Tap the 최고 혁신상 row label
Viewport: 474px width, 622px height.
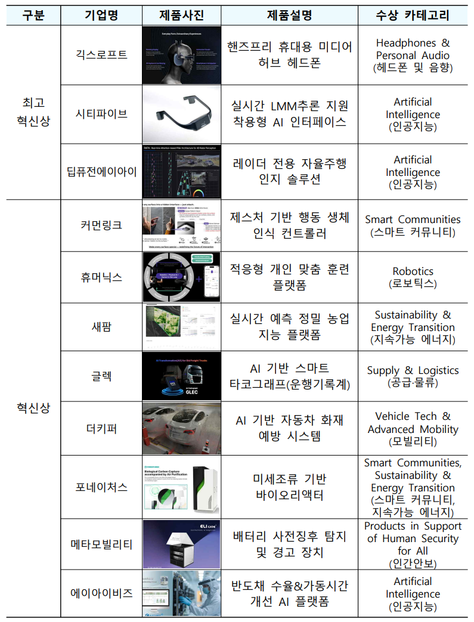[33, 112]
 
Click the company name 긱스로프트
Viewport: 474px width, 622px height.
[101, 55]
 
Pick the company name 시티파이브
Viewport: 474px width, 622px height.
[101, 113]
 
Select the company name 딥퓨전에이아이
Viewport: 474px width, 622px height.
[101, 172]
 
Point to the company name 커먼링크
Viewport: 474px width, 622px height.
[101, 225]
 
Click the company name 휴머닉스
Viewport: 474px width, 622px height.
[101, 277]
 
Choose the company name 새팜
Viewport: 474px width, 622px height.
[101, 327]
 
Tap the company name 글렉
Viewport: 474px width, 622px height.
[101, 376]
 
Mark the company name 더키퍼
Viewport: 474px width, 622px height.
[101, 428]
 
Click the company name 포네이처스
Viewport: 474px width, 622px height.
[101, 487]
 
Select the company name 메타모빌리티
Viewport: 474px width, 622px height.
[101, 544]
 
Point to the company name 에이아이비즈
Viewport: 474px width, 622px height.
[101, 593]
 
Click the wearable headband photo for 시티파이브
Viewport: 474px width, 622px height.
[182, 114]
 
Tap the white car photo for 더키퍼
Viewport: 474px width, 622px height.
[182, 428]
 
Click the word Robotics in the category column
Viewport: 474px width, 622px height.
[413, 271]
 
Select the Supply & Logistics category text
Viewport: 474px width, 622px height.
[413, 370]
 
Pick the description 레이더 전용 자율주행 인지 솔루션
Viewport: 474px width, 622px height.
[289, 172]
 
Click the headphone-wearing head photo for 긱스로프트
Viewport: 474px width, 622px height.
[182, 55]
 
